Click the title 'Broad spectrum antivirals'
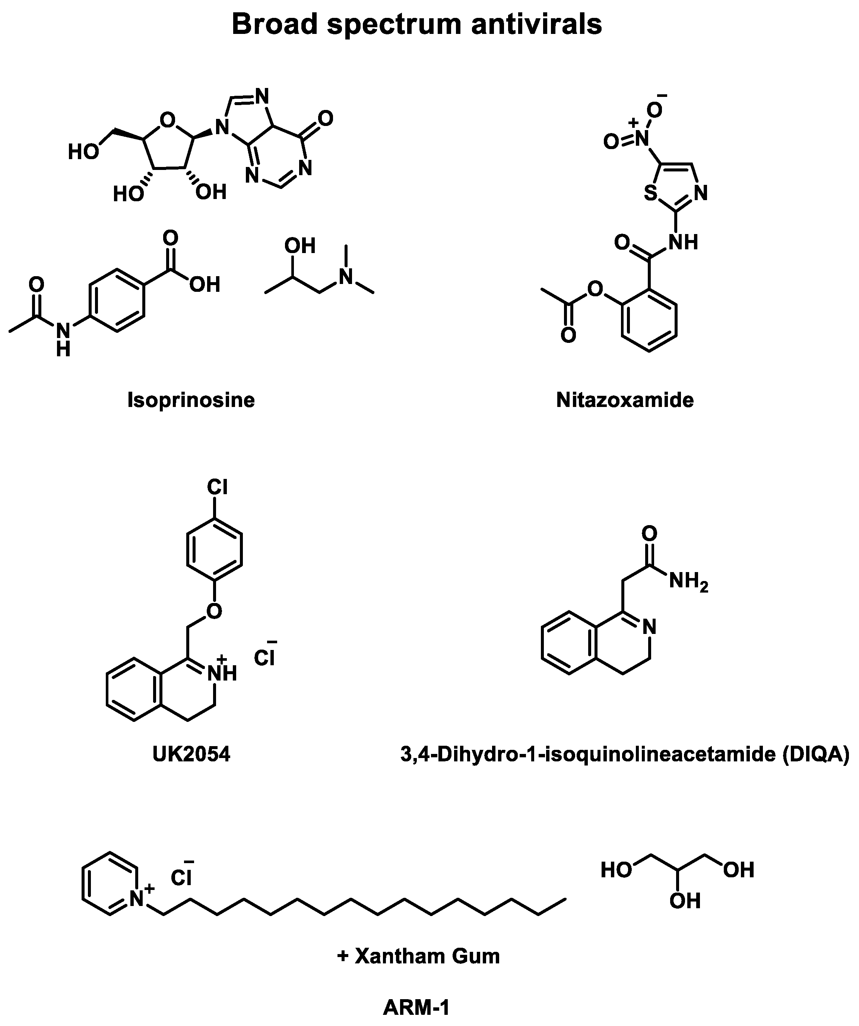(x=416, y=25)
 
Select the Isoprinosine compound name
(x=191, y=400)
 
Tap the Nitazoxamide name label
(x=625, y=400)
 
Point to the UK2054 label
(x=191, y=754)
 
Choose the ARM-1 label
(x=416, y=1007)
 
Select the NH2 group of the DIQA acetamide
(x=688, y=581)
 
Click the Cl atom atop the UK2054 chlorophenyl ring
(x=217, y=487)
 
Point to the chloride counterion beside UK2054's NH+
(x=264, y=659)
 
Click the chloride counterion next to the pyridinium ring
(x=181, y=878)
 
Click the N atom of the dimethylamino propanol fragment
(x=346, y=277)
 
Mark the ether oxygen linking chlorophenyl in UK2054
(x=214, y=611)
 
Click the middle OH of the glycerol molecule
(x=685, y=900)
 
